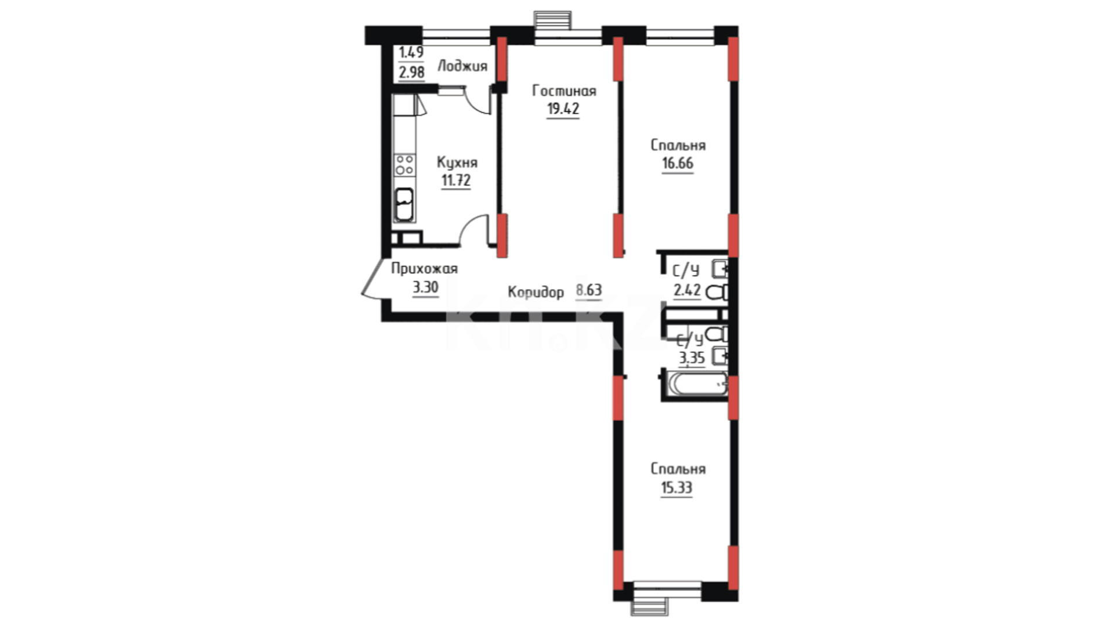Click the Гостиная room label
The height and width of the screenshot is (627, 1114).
click(x=564, y=91)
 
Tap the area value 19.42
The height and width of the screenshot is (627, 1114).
click(x=563, y=109)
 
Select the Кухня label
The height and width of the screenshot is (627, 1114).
click(x=457, y=163)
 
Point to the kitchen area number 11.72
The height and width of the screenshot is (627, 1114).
click(x=456, y=181)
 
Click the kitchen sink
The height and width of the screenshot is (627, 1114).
click(x=404, y=204)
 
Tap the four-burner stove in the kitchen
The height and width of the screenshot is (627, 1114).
click(x=404, y=164)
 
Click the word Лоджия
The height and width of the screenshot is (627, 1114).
click(x=462, y=66)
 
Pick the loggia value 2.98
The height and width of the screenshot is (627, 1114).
click(x=411, y=73)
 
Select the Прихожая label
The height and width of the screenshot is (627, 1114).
click(x=424, y=269)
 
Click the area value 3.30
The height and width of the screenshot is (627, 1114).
click(x=425, y=287)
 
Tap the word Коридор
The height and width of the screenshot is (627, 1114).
click(x=536, y=292)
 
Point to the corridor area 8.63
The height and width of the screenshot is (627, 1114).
click(x=589, y=290)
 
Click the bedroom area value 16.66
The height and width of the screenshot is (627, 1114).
click(x=678, y=163)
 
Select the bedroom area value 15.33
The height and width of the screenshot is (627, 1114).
click(x=677, y=488)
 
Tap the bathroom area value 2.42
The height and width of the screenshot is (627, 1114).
click(x=687, y=290)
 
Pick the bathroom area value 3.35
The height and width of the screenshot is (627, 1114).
click(x=692, y=358)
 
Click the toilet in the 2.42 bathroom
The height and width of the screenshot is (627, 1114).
click(x=717, y=292)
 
